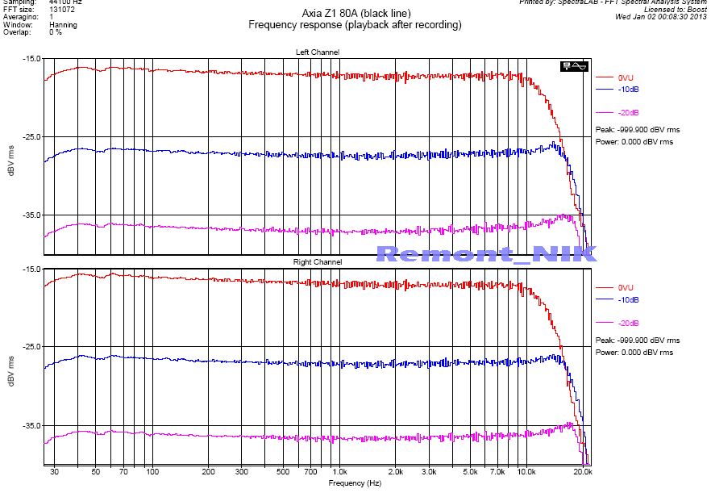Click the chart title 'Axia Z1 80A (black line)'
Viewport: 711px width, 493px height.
click(355, 14)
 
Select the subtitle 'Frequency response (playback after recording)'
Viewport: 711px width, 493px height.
click(355, 25)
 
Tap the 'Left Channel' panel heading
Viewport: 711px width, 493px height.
click(318, 52)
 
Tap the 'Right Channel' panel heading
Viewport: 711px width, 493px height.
click(318, 262)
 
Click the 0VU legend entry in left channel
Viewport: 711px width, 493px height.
click(626, 77)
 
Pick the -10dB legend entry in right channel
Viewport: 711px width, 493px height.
click(628, 299)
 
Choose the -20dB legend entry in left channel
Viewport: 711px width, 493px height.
click(628, 112)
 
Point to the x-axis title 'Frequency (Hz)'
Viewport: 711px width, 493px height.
click(355, 483)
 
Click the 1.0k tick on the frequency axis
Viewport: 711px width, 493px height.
click(339, 471)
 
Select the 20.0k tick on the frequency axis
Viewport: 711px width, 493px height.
click(583, 471)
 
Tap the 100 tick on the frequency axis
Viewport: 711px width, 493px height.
click(152, 471)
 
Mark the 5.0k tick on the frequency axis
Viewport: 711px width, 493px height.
click(471, 471)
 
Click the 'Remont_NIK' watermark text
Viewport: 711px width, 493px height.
click(486, 254)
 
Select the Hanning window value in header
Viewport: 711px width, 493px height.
click(64, 25)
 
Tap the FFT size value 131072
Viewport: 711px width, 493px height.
click(63, 9)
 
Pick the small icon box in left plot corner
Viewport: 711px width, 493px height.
click(576, 66)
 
